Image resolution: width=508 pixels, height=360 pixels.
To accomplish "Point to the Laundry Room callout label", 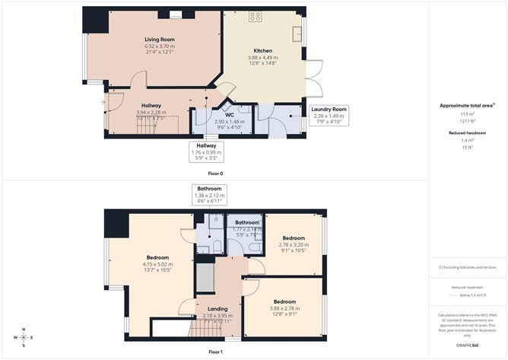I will point(329,110).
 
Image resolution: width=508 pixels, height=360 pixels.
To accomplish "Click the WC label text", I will point(228,115).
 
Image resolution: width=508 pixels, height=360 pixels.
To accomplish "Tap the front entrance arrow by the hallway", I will point(102,101).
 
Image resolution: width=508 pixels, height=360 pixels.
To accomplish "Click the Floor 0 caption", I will point(215,174).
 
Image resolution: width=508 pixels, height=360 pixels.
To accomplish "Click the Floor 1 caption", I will point(215,352).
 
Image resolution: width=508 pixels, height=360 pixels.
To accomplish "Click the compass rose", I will point(24,336).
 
